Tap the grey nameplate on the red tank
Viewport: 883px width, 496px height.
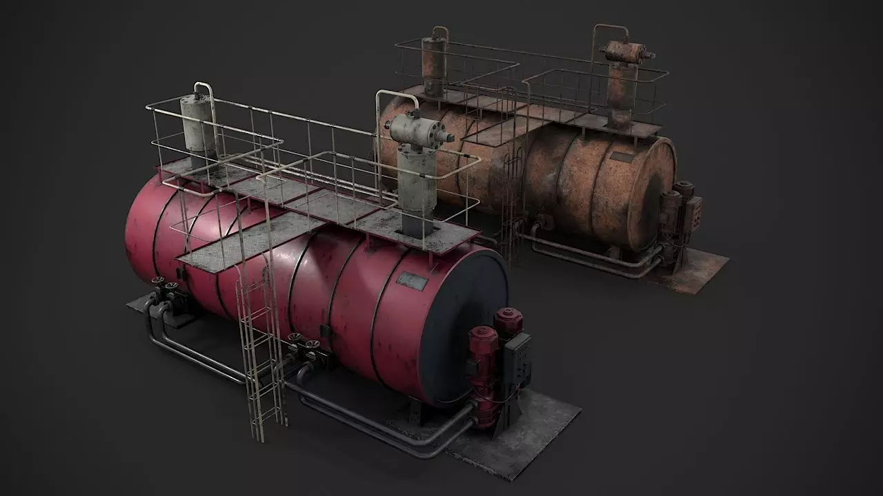(x=413, y=280)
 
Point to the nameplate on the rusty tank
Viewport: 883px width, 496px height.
(x=622, y=157)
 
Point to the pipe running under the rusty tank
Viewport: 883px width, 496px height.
(x=593, y=262)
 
